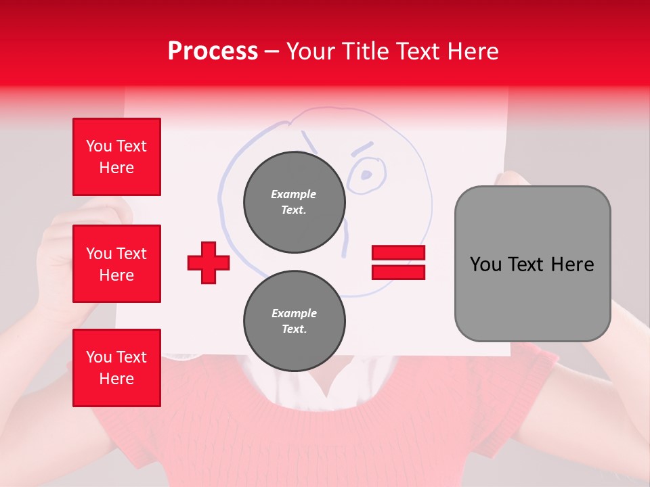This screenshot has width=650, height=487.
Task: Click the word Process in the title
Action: (x=213, y=51)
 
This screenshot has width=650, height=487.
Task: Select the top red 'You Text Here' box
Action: (x=116, y=157)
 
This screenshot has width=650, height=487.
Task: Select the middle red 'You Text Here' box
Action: (x=116, y=264)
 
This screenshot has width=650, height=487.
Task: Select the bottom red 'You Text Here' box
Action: (x=116, y=368)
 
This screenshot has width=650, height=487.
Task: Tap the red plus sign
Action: (x=208, y=263)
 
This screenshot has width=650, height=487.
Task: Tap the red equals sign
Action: (x=398, y=262)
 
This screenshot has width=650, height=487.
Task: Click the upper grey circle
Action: (x=294, y=202)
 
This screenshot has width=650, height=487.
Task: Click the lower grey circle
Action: (x=294, y=321)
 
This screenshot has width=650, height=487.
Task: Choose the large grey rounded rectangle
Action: (x=532, y=264)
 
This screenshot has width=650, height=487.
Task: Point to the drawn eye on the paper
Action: (x=366, y=175)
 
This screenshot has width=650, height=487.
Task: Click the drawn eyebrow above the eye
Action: (x=362, y=147)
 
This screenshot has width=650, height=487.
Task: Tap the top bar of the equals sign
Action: (x=398, y=253)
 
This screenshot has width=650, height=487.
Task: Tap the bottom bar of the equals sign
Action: (x=398, y=272)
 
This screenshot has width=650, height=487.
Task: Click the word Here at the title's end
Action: (x=474, y=51)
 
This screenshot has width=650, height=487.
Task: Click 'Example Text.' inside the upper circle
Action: (x=294, y=202)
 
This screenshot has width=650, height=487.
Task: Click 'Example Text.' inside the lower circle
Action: (x=294, y=321)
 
